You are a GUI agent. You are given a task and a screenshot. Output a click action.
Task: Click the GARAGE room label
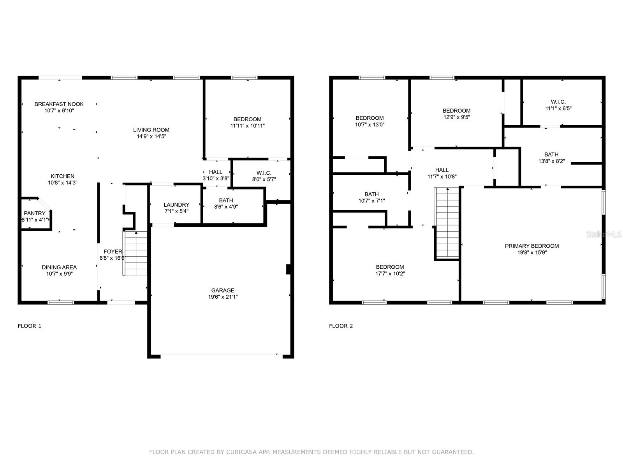coord(222,291)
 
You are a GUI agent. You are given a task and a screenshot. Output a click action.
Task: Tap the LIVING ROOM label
coord(151,130)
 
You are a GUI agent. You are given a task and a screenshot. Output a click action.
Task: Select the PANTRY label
coord(35,213)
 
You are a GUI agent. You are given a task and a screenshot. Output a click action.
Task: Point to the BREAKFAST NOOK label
coord(59,104)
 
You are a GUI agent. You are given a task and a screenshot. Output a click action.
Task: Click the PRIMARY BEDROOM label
coord(531,246)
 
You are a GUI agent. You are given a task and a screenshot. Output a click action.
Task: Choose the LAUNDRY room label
coord(176,205)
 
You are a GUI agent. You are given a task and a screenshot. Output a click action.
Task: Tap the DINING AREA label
coord(59,267)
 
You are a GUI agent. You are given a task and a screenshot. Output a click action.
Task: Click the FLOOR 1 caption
coord(30,326)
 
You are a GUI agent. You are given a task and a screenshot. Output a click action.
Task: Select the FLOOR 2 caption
coord(341,326)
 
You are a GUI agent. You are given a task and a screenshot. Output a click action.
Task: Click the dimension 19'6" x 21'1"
coord(223,297)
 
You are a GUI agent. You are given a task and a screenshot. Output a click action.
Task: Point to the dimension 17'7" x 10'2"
coord(390,274)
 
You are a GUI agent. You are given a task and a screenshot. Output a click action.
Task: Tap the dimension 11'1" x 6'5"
coord(558,108)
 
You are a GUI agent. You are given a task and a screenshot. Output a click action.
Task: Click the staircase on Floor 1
coord(135,253)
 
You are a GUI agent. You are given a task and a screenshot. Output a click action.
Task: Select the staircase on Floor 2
coord(447,223)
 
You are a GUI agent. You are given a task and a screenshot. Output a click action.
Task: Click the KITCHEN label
coord(62,176)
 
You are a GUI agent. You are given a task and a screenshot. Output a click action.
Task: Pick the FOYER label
coord(113,252)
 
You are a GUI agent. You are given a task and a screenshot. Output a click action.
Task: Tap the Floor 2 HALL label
coord(442,170)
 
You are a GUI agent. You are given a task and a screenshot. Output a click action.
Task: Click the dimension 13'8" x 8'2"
coord(551,161)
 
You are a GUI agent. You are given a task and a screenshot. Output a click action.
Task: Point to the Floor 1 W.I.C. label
coord(264,173)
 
